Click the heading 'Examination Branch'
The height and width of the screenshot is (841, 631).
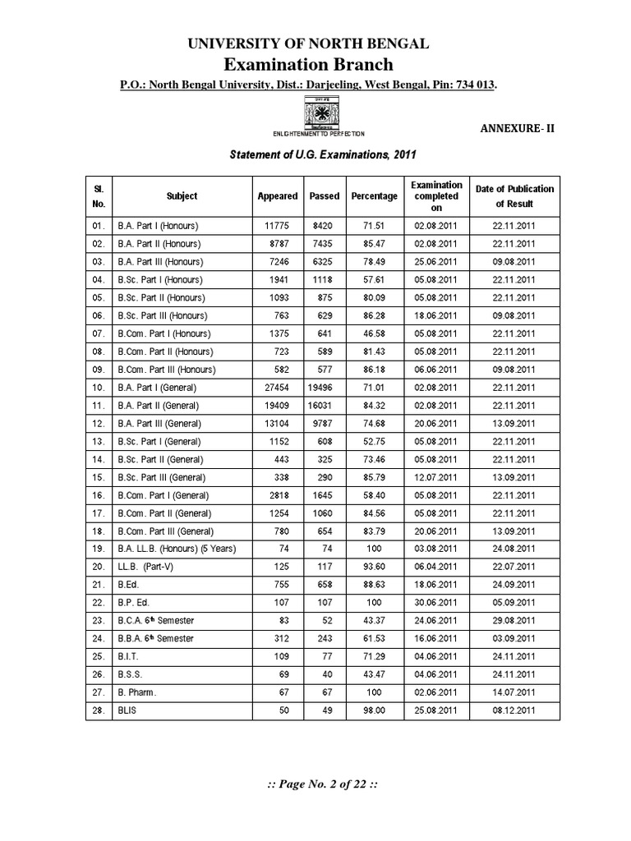coord(315,64)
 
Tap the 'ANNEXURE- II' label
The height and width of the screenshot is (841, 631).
coord(516,128)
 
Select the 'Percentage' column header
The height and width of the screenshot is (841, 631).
coord(374,196)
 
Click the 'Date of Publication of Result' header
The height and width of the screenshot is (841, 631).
coord(514,196)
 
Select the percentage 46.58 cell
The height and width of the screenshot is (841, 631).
coord(374,333)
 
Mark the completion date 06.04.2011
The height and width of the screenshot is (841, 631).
coord(436,567)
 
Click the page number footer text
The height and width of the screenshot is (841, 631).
coord(315,784)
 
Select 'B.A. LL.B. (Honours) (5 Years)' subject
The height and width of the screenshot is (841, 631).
coord(164,549)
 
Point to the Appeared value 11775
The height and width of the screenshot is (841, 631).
coord(278,226)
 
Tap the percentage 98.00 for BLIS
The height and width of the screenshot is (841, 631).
coord(374,710)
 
